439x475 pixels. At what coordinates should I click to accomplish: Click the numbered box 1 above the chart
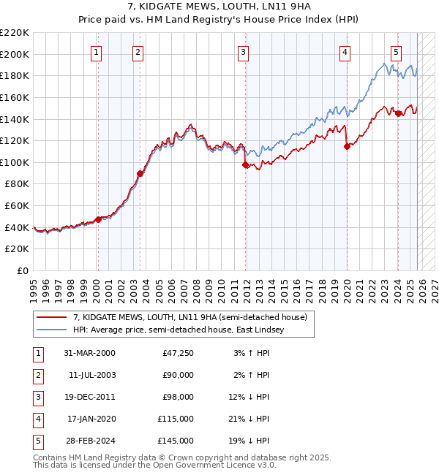click(x=97, y=52)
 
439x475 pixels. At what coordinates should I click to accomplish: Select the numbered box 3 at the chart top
click(x=243, y=52)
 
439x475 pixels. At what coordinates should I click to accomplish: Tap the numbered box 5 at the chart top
click(x=396, y=52)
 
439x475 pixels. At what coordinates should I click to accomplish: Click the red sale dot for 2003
click(x=139, y=173)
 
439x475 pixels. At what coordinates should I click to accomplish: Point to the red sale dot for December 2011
click(x=245, y=164)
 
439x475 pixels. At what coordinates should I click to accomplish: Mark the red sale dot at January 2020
click(x=347, y=146)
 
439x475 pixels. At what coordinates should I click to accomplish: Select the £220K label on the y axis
click(x=15, y=33)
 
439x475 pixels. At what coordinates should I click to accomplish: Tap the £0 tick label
click(x=22, y=270)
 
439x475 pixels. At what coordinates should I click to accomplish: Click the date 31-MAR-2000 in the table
click(x=89, y=353)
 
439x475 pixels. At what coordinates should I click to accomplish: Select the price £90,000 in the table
click(x=178, y=375)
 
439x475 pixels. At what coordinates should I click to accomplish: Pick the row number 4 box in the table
click(x=37, y=419)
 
